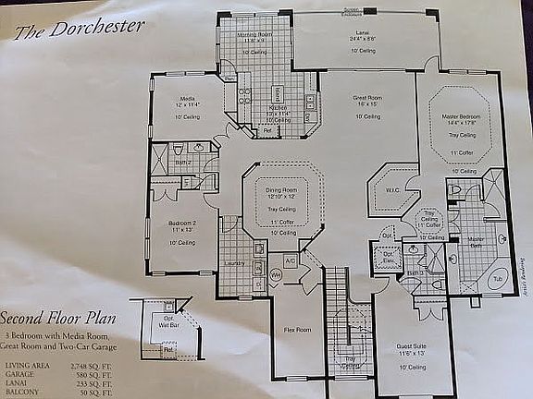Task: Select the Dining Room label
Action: click(281, 189)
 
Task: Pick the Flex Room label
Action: click(298, 329)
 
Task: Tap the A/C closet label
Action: click(290, 261)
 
